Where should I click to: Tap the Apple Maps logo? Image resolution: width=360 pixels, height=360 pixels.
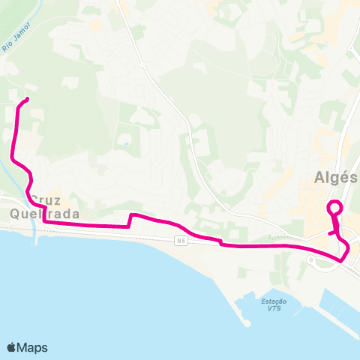point(27,347)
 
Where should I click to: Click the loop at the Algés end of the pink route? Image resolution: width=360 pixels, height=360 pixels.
point(334,208)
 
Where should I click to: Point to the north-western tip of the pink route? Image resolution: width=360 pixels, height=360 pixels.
point(27,99)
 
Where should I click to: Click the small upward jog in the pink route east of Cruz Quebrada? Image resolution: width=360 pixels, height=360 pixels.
point(131,218)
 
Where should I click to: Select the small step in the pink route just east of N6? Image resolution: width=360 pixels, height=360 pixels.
point(220,241)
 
